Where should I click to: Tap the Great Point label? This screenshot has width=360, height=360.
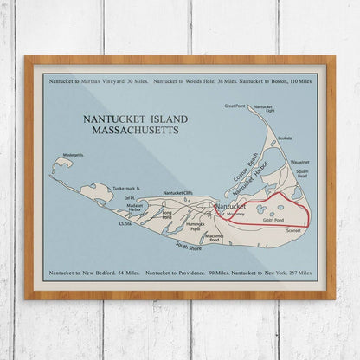click(x=235, y=106)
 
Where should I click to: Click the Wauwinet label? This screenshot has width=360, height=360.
click(x=300, y=161)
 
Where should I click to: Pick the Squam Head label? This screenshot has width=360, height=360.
click(x=301, y=173)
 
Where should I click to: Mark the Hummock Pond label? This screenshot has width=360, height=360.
click(x=196, y=227)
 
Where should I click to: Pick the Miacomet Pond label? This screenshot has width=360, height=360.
click(x=213, y=236)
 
